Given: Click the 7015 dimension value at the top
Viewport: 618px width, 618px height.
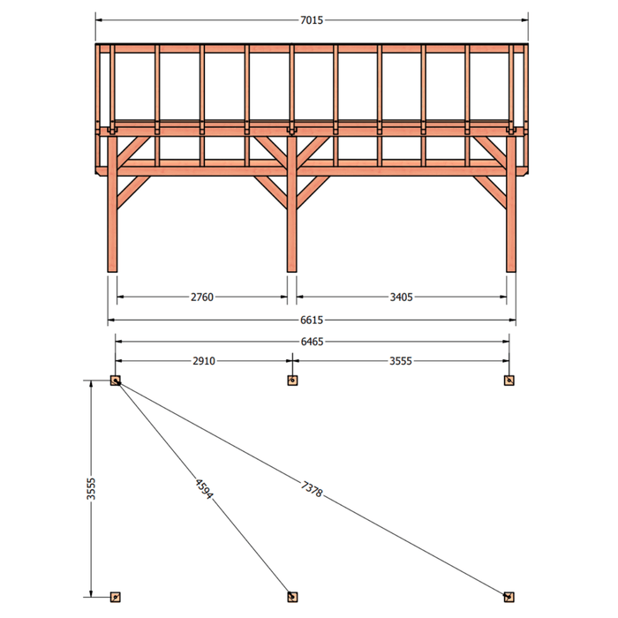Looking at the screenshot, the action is point(312,20).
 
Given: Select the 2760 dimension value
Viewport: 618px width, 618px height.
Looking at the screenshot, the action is point(202,297).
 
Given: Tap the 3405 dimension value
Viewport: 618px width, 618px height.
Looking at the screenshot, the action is point(401,297).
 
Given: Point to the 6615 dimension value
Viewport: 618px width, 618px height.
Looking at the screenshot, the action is point(312,320).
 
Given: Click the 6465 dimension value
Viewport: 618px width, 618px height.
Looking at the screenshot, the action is point(312,342).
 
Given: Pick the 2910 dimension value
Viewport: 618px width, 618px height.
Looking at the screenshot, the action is point(204,360).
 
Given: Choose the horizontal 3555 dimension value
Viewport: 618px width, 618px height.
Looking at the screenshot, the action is point(401,360).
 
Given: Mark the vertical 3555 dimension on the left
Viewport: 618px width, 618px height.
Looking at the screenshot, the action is point(91,489).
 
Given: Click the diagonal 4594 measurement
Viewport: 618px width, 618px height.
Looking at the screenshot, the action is point(204,489).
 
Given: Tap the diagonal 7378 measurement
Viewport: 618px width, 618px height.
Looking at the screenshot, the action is point(312,489).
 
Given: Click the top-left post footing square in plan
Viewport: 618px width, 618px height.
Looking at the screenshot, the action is point(115,381).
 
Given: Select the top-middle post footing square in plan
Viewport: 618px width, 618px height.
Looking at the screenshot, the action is point(292,381).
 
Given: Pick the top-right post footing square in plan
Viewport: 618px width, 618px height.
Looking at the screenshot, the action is point(509,381).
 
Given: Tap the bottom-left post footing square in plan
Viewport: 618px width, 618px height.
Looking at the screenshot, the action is point(115,597).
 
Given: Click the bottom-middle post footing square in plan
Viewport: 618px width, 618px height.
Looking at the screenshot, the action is point(292,597).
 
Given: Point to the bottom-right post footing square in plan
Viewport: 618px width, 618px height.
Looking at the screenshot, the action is point(509,597).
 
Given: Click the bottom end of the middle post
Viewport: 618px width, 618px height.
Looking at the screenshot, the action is point(291,272).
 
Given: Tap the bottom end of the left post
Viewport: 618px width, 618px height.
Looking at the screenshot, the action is point(112,272).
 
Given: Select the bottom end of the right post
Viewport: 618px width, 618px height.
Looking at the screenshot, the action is point(511,272).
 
